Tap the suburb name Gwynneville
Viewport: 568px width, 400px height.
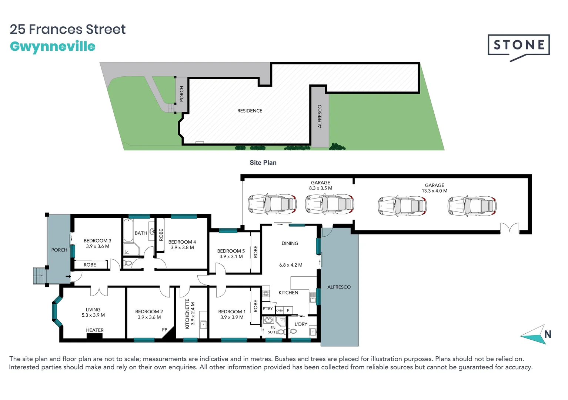point(53,47)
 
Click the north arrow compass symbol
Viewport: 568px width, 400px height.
point(535,334)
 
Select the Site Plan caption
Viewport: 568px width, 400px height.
point(263,163)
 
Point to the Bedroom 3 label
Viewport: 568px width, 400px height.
point(97,241)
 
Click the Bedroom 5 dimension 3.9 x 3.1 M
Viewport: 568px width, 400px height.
point(231,256)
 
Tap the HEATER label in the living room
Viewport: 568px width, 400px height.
point(95,330)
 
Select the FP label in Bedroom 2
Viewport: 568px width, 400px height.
point(165,330)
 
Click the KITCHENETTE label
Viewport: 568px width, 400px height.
point(187,314)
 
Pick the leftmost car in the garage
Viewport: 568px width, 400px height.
point(272,204)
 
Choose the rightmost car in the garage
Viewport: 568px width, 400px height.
point(472,206)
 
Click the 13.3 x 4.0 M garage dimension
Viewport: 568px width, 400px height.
point(434,191)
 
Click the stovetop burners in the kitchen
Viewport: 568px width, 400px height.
point(266,293)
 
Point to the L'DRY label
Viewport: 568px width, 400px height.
point(301,324)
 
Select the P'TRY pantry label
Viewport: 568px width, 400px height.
point(268,309)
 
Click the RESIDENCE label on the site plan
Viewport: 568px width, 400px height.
point(250,111)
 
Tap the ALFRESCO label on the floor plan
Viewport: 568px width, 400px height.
point(339,287)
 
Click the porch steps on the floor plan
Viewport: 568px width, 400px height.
point(39,276)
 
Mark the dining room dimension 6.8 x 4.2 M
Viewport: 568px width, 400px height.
point(291,265)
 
